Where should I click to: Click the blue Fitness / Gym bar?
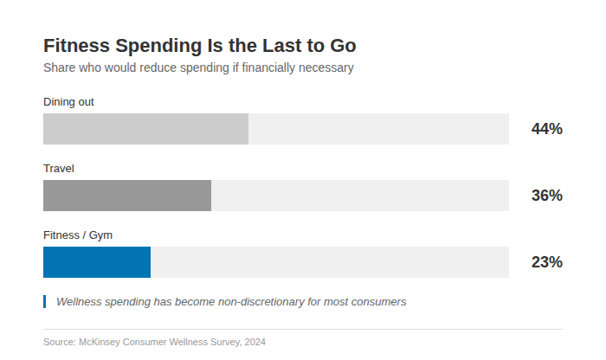pyautogui.click(x=97, y=262)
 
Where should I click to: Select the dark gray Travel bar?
pyautogui.click(x=127, y=196)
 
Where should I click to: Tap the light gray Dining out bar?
pyautogui.click(x=145, y=129)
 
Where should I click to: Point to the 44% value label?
pyautogui.click(x=546, y=129)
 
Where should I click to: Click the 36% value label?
pyautogui.click(x=546, y=196)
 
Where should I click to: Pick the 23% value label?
pyautogui.click(x=546, y=262)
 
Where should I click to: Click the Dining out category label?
pyautogui.click(x=68, y=102)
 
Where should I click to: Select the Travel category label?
pyautogui.click(x=59, y=169)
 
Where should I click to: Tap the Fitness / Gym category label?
pyautogui.click(x=78, y=235)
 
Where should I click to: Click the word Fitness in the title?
pyautogui.click(x=75, y=46)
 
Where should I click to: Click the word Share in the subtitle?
pyautogui.click(x=60, y=67)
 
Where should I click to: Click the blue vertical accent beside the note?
pyautogui.click(x=44, y=301)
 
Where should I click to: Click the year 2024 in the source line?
pyautogui.click(x=255, y=342)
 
